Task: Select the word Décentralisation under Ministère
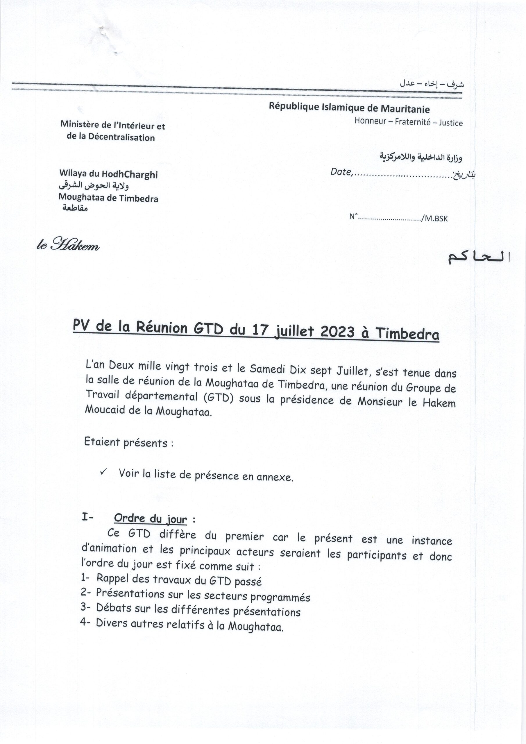(121, 137)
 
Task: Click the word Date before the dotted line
(341, 172)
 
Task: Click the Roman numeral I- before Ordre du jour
(87, 518)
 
